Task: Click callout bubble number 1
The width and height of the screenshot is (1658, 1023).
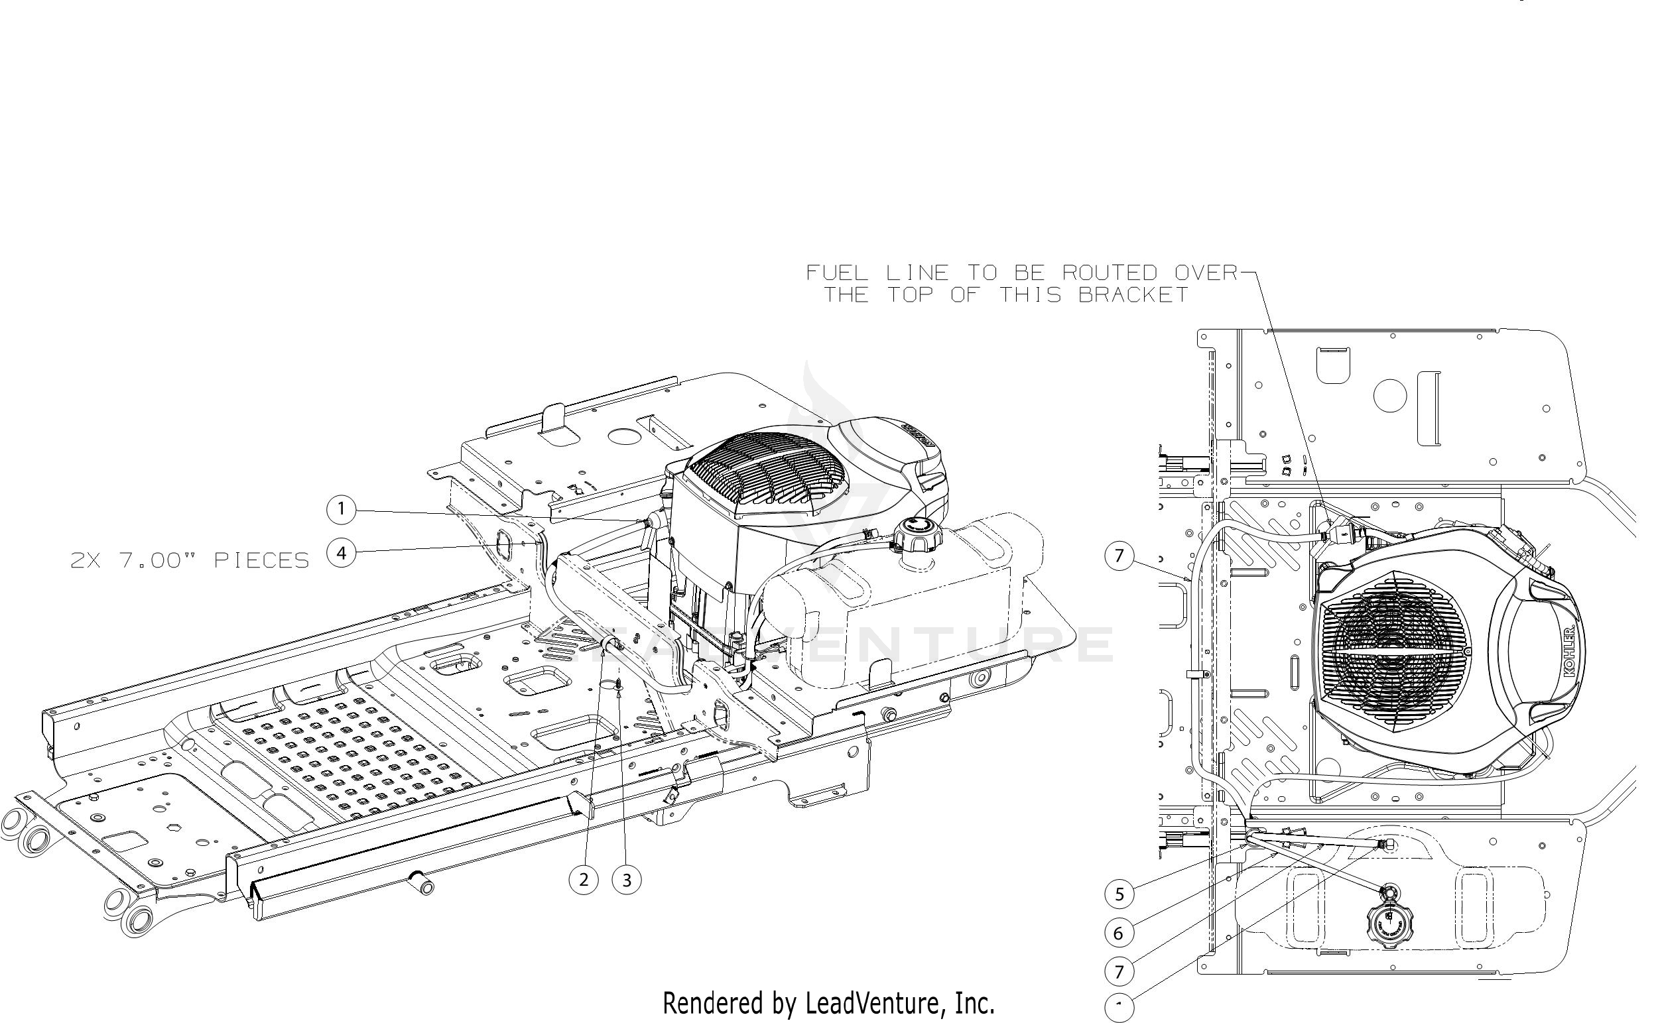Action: [x=341, y=509]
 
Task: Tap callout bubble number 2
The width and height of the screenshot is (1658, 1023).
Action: [x=584, y=880]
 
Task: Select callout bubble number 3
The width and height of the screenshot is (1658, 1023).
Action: [x=627, y=880]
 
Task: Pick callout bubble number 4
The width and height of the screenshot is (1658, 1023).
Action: [x=341, y=554]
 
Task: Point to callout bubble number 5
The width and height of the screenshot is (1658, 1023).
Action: [x=1119, y=894]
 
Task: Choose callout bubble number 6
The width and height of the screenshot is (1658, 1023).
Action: [x=1119, y=933]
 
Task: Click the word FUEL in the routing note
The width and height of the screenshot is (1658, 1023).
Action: [x=836, y=273]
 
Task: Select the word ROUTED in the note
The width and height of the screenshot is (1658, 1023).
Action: [x=1110, y=273]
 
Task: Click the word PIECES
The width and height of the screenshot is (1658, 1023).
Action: [x=262, y=561]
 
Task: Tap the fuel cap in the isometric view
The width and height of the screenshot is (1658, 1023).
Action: [x=916, y=534]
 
